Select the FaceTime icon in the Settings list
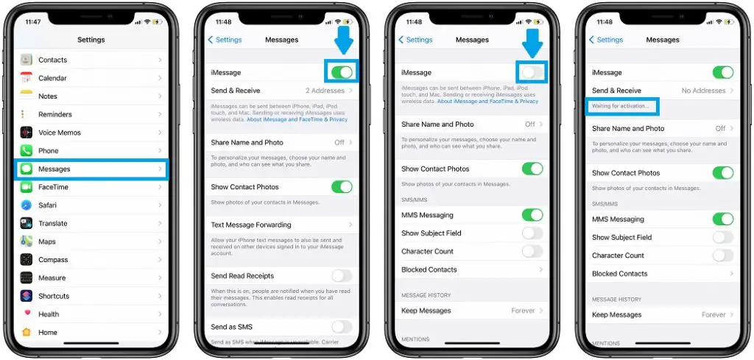[x=27, y=187]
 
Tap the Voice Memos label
[x=60, y=133]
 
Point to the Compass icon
[x=27, y=260]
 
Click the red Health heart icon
[x=27, y=314]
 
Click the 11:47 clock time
[x=34, y=22]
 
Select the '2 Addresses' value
[x=325, y=91]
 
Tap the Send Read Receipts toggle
[x=342, y=276]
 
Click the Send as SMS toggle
[x=342, y=327]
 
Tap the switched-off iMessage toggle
[x=532, y=72]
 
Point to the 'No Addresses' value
[x=703, y=91]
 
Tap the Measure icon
[x=27, y=278]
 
